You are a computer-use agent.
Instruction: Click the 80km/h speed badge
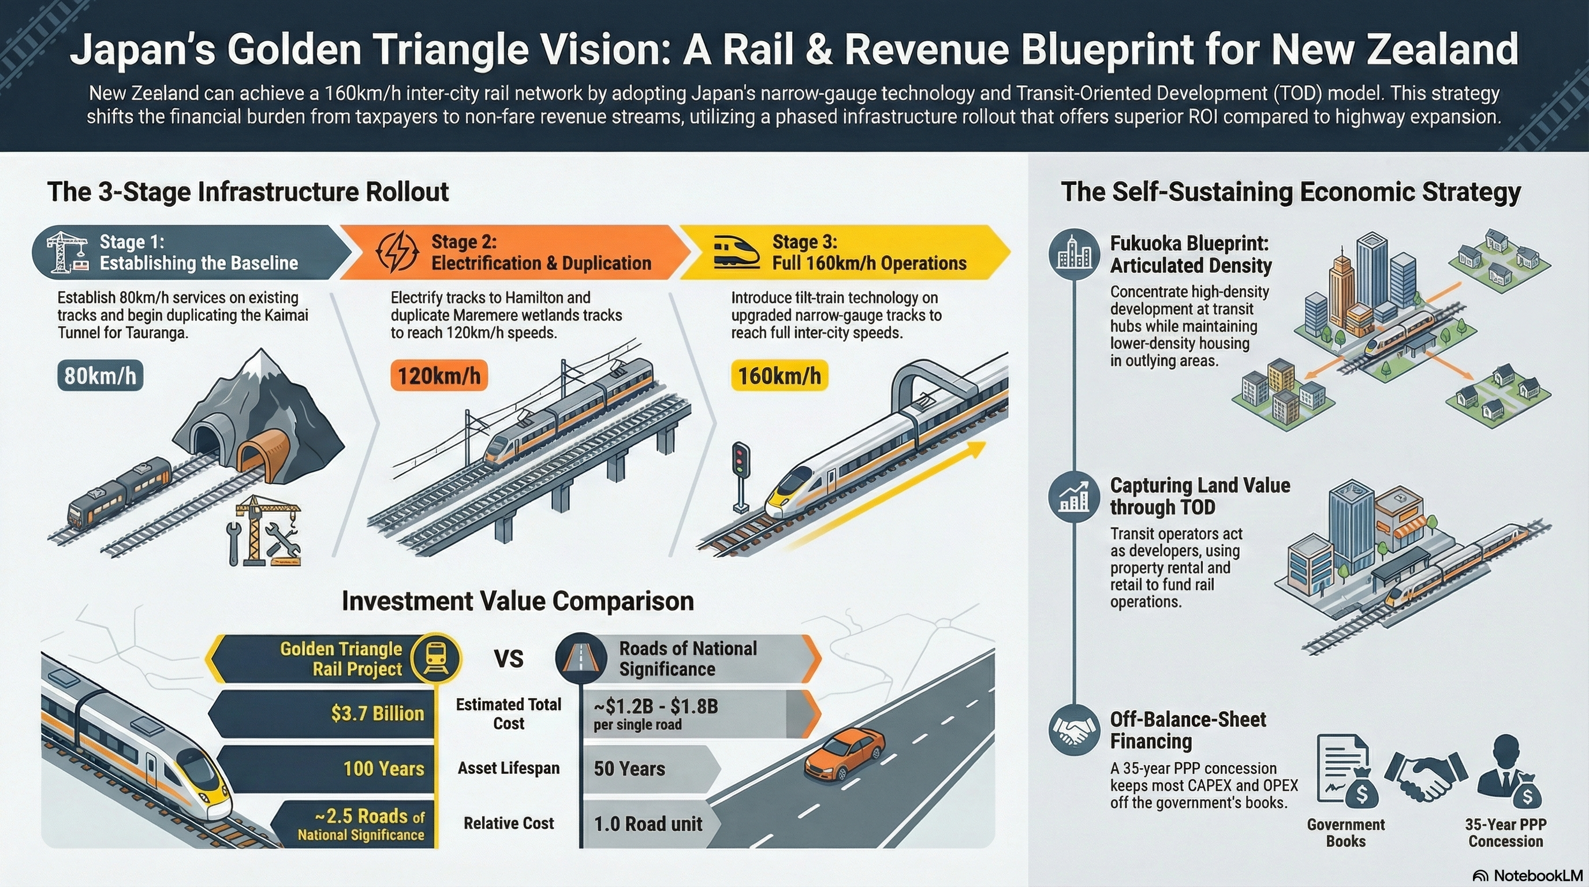[100, 376]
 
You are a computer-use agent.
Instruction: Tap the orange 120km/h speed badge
[439, 376]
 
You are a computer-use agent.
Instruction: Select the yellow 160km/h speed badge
[779, 376]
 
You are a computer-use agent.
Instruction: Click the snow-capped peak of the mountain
[261, 364]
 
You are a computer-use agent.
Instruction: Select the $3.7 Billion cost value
[377, 714]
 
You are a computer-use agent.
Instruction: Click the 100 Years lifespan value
[383, 769]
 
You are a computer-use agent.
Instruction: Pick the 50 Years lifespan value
[629, 769]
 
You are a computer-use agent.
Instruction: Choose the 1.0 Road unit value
[648, 824]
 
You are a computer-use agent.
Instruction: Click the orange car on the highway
[845, 752]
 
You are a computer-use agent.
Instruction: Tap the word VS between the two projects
[508, 659]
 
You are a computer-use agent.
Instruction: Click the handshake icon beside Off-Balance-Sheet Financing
[1074, 730]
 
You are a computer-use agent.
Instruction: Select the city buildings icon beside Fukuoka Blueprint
[1074, 254]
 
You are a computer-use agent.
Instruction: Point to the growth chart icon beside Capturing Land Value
[1074, 497]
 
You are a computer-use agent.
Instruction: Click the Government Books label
[1345, 833]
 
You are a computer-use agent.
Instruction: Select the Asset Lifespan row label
[508, 768]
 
